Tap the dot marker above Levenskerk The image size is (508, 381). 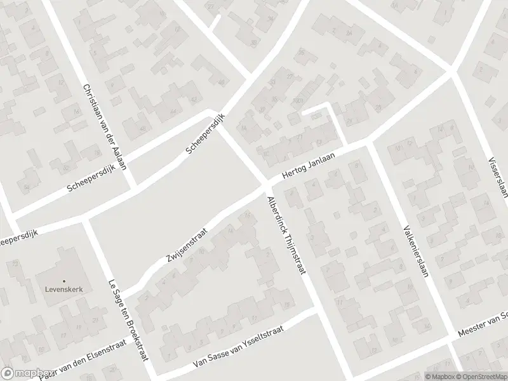coord(63,281)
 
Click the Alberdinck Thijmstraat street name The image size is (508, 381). coord(286,235)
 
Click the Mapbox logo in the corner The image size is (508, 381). coord(27,373)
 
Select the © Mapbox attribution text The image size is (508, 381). coord(439,376)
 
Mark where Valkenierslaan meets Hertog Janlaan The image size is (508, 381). coord(369,144)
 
